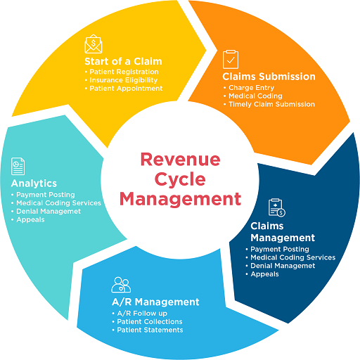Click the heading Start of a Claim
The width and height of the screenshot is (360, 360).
124,60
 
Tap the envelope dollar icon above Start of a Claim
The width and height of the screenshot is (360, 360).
94,44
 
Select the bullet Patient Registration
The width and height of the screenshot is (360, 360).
123,72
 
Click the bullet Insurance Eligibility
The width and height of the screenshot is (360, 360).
124,80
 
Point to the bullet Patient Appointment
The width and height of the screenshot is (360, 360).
124,89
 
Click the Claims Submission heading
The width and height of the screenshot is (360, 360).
269,76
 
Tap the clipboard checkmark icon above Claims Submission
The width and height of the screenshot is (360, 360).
230,58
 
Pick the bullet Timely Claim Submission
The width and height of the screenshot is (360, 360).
271,104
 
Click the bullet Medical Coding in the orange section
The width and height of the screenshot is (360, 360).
256,96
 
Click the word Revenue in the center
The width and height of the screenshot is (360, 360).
180,159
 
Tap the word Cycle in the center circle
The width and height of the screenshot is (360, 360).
180,179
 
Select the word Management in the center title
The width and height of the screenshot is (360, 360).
180,198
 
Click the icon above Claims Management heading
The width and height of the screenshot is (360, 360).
276,207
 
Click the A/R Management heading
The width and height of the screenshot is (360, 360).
155,302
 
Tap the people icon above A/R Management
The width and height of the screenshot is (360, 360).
121,285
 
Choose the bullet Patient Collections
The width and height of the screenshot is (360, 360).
149,321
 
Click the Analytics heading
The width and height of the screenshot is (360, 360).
34,184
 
